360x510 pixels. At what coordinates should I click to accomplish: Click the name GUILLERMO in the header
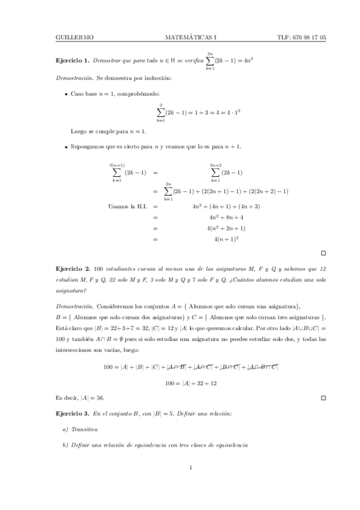click(74, 37)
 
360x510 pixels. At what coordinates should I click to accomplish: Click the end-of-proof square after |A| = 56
click(323, 398)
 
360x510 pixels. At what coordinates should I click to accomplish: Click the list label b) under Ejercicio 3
click(65, 445)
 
